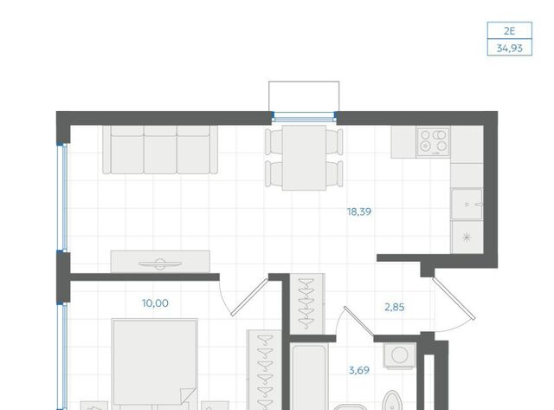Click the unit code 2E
click(x=509, y=31)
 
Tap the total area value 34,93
click(x=509, y=49)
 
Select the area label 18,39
click(x=359, y=212)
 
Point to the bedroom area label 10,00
click(x=155, y=303)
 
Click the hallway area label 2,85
click(x=395, y=307)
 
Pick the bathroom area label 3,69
click(x=359, y=370)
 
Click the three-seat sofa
click(x=160, y=150)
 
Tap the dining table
click(x=304, y=158)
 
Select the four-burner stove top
click(x=433, y=141)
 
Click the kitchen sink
click(x=467, y=204)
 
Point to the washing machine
click(x=400, y=355)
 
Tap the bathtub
click(x=309, y=377)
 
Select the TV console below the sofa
click(x=160, y=262)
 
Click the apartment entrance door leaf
click(x=454, y=298)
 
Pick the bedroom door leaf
click(x=249, y=297)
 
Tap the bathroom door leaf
click(x=358, y=321)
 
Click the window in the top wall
click(x=304, y=117)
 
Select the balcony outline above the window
click(x=304, y=96)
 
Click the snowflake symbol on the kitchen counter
click(x=467, y=237)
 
